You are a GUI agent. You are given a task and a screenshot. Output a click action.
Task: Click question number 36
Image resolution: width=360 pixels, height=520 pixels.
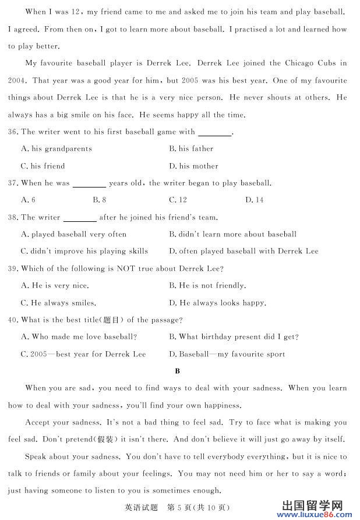coord(13,132)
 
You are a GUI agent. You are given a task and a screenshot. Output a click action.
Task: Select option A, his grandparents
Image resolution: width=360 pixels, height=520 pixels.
coord(57,149)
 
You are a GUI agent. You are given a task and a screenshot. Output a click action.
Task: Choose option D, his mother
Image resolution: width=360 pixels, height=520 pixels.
coord(194,167)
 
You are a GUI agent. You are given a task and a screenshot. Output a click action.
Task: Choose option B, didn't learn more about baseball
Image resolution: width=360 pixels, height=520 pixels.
coord(233,235)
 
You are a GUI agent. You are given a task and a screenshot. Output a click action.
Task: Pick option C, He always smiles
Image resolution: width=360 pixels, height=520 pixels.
coord(58,303)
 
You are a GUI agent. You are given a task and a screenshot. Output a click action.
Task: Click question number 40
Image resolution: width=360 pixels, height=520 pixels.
coord(13,320)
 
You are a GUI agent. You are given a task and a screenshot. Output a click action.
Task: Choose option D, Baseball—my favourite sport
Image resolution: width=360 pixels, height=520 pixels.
coord(227,354)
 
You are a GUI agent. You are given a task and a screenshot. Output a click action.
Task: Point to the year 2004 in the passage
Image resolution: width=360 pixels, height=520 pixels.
coord(17,81)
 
